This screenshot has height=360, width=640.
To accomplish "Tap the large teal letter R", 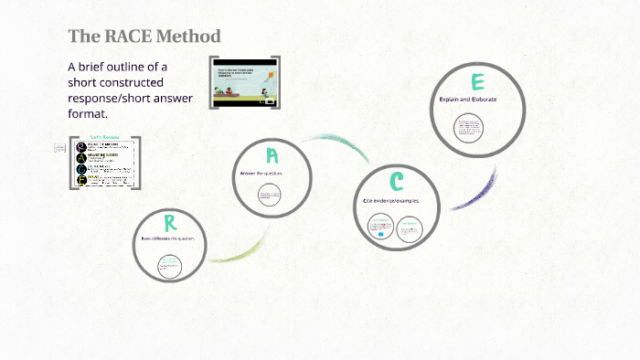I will [x=170, y=222].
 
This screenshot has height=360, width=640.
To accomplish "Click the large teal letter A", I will [x=272, y=155].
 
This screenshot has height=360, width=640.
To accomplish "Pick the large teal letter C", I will [x=396, y=182].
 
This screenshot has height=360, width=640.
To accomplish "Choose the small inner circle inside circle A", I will [x=270, y=195].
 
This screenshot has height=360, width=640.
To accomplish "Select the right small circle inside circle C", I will [x=409, y=227].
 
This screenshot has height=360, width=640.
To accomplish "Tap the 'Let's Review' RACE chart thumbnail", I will [x=105, y=163].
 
